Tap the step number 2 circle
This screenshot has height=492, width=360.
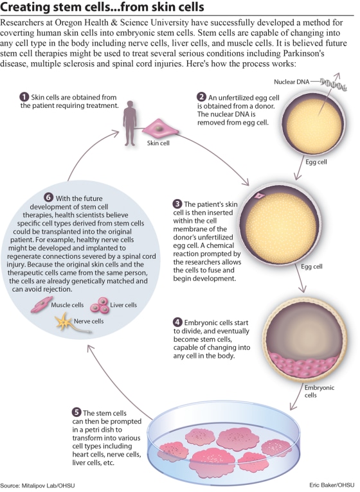201,97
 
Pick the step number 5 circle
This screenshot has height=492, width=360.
77,410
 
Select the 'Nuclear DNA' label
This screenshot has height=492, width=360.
290,83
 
